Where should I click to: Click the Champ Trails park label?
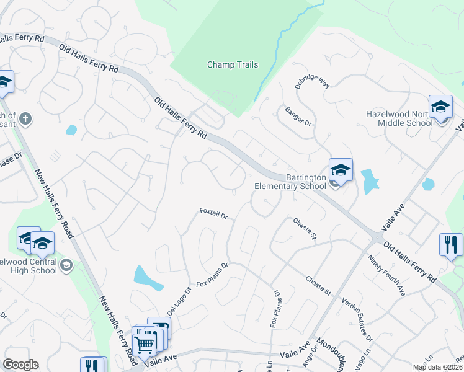tap(233, 64)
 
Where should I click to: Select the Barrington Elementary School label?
tap(290, 182)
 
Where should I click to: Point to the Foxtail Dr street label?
tap(214, 214)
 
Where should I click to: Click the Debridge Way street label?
tap(311, 82)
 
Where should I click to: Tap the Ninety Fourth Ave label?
tap(386, 275)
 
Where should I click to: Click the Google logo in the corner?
tap(20, 365)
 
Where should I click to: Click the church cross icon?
tap(25, 118)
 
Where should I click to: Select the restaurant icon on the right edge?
tap(450, 244)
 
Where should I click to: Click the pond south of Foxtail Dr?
tap(148, 278)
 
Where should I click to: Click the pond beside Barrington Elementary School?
tap(370, 180)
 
